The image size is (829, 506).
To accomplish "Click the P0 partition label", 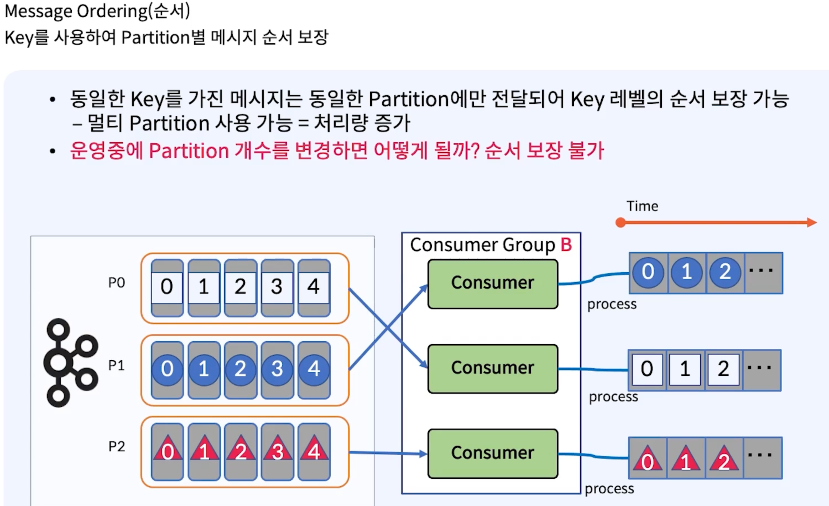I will [x=116, y=283].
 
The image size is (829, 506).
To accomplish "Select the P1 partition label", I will [x=116, y=365].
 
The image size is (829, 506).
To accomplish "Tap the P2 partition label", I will [x=116, y=447].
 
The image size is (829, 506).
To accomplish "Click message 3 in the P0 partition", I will [x=277, y=287].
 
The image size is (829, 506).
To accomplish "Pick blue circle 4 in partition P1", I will [x=314, y=369].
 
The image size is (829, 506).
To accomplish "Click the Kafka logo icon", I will [x=71, y=363].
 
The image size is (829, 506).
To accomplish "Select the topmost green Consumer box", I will [x=492, y=283].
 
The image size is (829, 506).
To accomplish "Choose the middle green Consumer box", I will [x=492, y=368].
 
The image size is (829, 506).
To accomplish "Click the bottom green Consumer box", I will [x=492, y=453].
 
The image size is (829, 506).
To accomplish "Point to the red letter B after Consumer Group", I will [x=566, y=245].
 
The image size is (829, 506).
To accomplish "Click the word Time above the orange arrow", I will [x=642, y=206].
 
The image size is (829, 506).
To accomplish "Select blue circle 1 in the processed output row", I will [x=686, y=272].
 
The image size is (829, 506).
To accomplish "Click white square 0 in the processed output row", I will [x=647, y=369].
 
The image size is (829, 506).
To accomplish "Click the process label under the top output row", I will [x=612, y=304].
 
